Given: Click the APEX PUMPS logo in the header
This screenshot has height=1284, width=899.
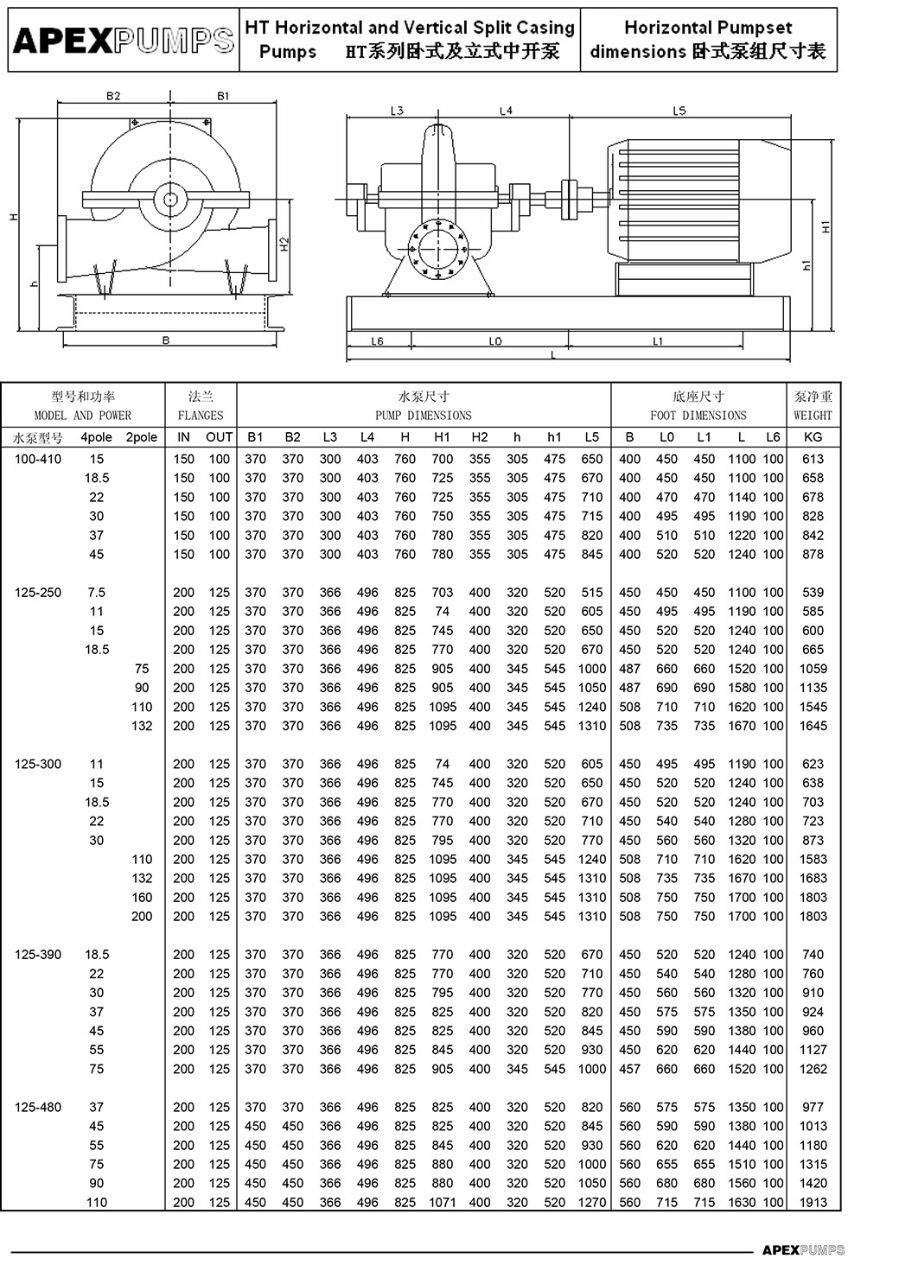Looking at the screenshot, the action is click(x=124, y=40).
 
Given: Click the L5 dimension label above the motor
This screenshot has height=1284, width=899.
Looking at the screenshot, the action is click(x=679, y=111).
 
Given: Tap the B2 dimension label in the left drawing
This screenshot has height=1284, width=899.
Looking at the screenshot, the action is click(x=113, y=96).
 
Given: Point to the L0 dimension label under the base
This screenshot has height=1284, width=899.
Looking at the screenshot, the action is click(x=495, y=341).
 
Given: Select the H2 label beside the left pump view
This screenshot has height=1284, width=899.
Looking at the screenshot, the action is click(x=284, y=245).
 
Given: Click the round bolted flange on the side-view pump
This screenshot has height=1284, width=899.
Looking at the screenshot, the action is click(x=438, y=249).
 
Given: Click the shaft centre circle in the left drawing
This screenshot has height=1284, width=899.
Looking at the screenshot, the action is click(x=170, y=200).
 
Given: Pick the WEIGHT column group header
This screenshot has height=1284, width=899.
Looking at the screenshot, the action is click(x=813, y=406).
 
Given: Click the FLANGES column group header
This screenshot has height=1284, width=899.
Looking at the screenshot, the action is click(x=201, y=406).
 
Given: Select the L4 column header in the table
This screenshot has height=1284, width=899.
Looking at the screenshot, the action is click(x=367, y=437).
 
